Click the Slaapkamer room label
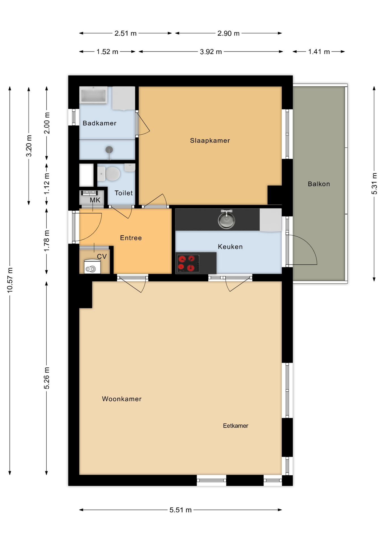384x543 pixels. (x=210, y=141)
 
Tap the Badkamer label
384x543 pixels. (x=99, y=123)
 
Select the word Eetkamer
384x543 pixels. (x=235, y=426)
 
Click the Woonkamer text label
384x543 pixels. (x=122, y=399)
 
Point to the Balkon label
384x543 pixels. (x=319, y=184)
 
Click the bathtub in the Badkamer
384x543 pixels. (x=93, y=95)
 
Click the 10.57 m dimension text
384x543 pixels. (x=10, y=280)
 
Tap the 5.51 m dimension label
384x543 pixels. (x=180, y=510)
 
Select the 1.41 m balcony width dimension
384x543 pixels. (x=319, y=52)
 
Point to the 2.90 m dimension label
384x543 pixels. (x=228, y=33)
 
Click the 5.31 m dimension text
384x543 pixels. (x=374, y=184)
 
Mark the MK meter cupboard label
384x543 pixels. (x=95, y=200)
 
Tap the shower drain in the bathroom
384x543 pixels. (x=109, y=149)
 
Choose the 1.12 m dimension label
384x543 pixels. (x=47, y=184)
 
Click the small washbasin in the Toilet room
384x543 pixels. (x=130, y=167)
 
